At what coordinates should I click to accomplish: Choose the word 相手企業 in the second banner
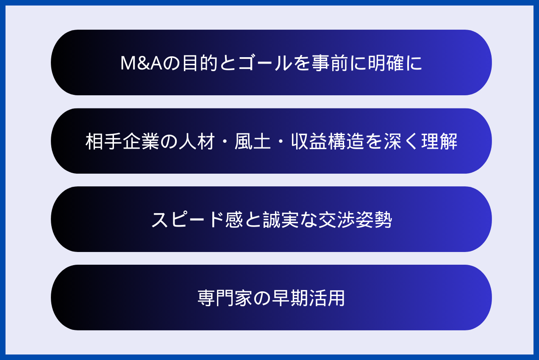(x=122, y=141)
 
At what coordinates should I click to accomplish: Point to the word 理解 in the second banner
(x=441, y=141)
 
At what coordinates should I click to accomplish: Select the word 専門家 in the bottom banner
(x=225, y=298)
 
